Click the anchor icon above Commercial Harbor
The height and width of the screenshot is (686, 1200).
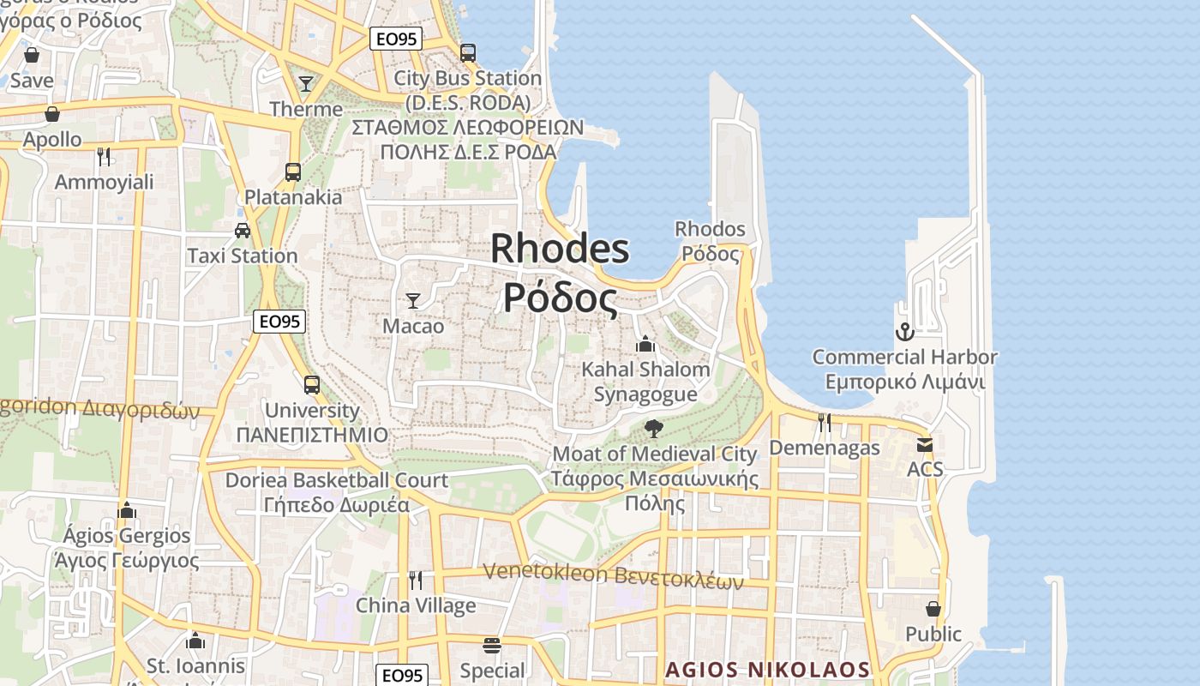point(905,331)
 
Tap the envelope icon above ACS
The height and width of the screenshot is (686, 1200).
point(925,444)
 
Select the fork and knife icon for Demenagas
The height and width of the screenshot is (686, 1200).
point(824,422)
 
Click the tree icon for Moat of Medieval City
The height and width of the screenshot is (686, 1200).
point(654,428)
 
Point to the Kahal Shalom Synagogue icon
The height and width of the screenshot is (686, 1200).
point(645,344)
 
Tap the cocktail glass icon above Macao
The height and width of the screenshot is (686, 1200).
point(413,300)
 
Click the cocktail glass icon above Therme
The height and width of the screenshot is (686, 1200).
point(306,83)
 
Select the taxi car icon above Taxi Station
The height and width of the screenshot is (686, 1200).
point(243,230)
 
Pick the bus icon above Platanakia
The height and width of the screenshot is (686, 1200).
point(293,171)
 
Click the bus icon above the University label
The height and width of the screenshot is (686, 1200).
point(312,384)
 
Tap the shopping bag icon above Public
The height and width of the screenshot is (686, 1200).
point(933,609)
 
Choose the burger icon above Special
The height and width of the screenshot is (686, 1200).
point(492,645)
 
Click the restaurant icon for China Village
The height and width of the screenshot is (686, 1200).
point(416,581)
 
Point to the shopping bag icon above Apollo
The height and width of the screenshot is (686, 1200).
point(52,113)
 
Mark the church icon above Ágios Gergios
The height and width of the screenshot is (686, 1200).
point(127,510)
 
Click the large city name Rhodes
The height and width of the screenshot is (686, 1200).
point(560,249)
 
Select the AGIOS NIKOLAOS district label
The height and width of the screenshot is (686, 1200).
point(768,669)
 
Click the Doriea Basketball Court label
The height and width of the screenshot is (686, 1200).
point(336,480)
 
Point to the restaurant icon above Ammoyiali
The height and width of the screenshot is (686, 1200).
point(104,156)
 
